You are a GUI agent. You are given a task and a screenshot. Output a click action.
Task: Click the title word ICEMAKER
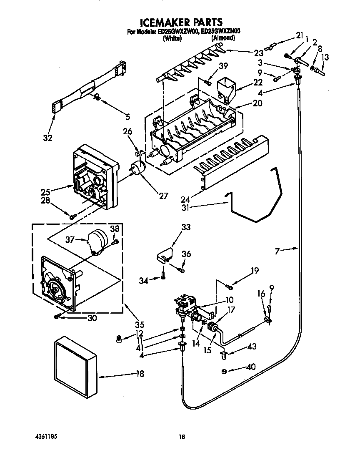tap(163, 22)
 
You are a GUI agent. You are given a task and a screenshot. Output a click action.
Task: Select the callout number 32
tap(48, 138)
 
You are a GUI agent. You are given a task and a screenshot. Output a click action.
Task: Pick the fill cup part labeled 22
tap(225, 88)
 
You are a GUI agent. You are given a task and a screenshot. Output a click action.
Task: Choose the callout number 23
tap(259, 53)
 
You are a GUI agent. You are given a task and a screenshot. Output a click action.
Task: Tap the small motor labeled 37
tap(100, 242)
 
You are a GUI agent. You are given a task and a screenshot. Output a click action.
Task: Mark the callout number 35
tap(140, 325)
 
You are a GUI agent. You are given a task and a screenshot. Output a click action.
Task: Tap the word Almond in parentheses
tap(223, 38)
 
